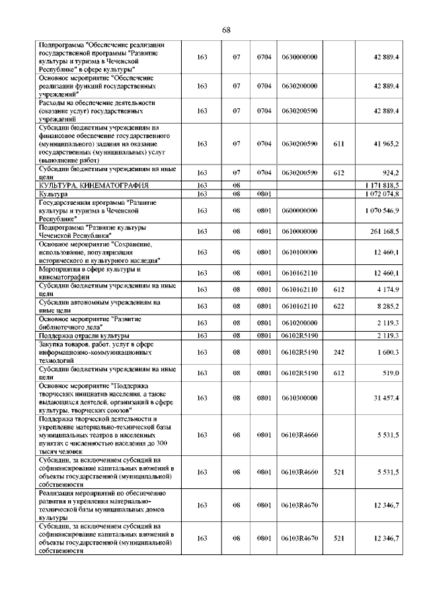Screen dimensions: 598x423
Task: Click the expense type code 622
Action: pos(339,306)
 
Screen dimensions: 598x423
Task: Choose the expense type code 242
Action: pos(339,353)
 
